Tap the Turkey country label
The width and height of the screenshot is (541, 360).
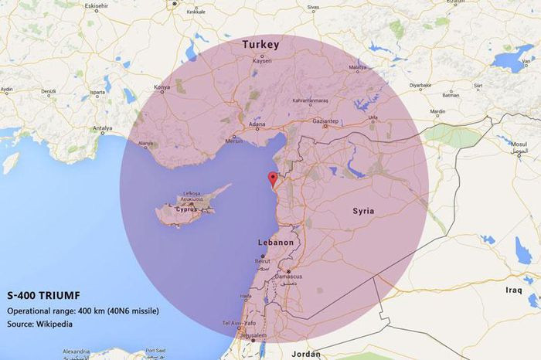click(260, 45)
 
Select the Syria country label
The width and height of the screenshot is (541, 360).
click(363, 211)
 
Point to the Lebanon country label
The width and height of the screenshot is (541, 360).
click(275, 243)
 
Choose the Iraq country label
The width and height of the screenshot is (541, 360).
click(514, 290)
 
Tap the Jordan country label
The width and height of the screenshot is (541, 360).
click(307, 354)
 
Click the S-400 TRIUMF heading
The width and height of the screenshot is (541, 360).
click(43, 296)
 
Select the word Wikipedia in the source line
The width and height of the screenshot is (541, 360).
click(54, 324)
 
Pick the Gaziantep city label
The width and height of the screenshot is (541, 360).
click(324, 122)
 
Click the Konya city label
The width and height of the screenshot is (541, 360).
click(162, 88)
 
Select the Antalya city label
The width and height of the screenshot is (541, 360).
click(102, 128)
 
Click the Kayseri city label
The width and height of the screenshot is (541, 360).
click(262, 62)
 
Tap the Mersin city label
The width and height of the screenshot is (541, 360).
click(234, 141)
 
